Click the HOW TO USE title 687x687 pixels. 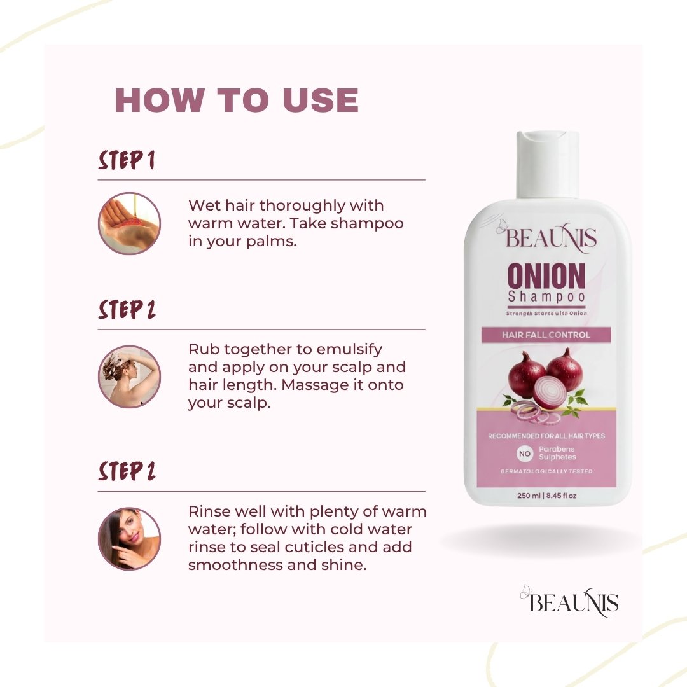pyautogui.click(x=237, y=101)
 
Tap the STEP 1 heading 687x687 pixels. pyautogui.click(x=127, y=160)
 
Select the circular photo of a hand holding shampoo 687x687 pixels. pyautogui.click(x=129, y=223)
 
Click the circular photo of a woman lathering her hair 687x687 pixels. pyautogui.click(x=129, y=377)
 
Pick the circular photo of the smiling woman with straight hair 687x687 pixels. pyautogui.click(x=129, y=539)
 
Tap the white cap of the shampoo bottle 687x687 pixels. pyautogui.click(x=548, y=165)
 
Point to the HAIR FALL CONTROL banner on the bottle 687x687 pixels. pyautogui.click(x=546, y=335)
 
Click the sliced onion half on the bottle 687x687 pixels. pyautogui.click(x=550, y=392)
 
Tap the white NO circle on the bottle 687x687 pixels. pyautogui.click(x=524, y=454)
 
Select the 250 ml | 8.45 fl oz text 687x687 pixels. pyautogui.click(x=546, y=496)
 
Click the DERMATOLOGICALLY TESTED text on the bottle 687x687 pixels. pyautogui.click(x=546, y=471)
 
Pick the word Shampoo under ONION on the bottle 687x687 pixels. pyautogui.click(x=546, y=297)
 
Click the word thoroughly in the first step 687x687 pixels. pyautogui.click(x=303, y=206)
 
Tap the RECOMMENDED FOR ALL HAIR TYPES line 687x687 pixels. pyautogui.click(x=546, y=436)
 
